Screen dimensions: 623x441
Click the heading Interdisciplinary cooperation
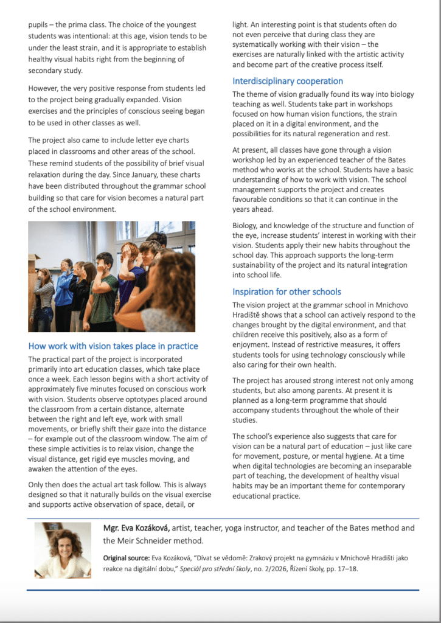coord(288,81)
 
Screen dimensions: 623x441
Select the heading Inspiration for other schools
coord(286,291)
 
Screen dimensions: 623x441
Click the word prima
coord(78,25)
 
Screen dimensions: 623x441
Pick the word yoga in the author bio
coord(251,527)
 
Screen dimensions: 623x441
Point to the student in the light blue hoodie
coord(64,289)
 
